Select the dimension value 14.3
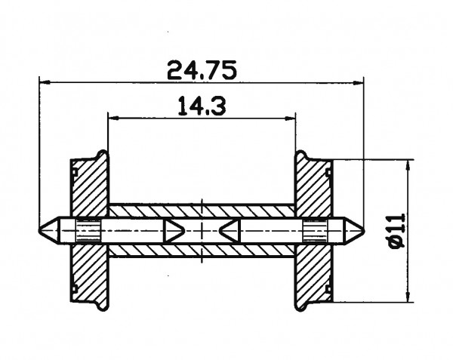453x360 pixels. [x=201, y=106]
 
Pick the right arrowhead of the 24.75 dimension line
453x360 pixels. [x=359, y=82]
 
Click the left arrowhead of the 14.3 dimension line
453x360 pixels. [x=112, y=117]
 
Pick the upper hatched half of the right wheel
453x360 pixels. [x=311, y=189]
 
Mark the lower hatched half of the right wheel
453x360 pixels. [x=311, y=272]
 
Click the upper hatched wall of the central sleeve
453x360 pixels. [x=201, y=211]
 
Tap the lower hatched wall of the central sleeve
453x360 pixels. [x=201, y=248]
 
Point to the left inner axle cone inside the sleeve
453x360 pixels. [x=174, y=229]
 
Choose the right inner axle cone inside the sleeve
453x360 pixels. [x=230, y=229]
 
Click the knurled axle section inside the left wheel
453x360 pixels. [x=89, y=229]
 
